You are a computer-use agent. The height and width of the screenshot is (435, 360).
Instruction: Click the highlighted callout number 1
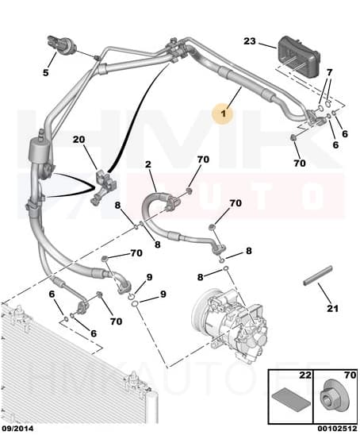click(224, 115)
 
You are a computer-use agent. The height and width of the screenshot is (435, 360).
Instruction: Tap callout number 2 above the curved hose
click(147, 165)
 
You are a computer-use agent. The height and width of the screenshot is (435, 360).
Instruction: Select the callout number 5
click(46, 73)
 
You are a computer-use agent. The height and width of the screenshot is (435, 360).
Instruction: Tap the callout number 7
click(329, 73)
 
